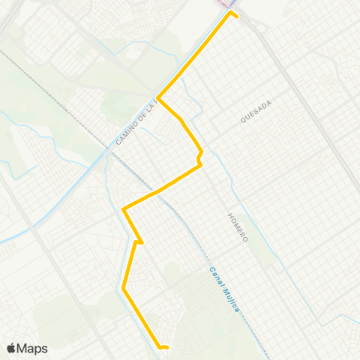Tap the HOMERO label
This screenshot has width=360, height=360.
pyautogui.click(x=238, y=226)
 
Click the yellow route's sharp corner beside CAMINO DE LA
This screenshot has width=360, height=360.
pyautogui.click(x=159, y=98)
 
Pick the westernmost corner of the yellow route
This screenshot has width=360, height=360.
pyautogui.click(x=123, y=209)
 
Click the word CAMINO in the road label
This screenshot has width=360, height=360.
pyautogui.click(x=127, y=132)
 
